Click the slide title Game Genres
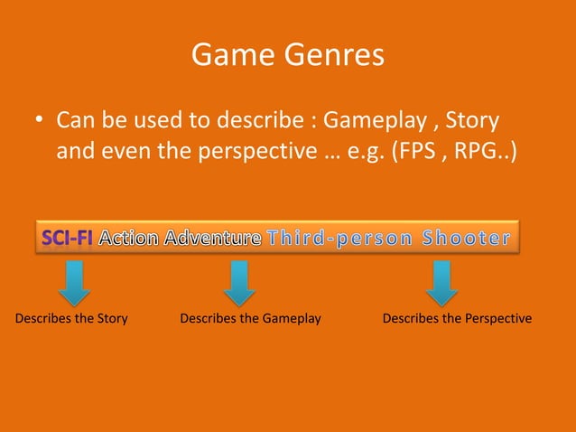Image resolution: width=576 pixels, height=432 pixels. tap(288, 56)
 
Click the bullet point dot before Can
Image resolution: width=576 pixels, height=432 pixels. tap(40, 122)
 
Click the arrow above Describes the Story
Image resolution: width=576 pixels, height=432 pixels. tap(75, 283)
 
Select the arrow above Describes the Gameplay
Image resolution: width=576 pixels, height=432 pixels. tap(239, 283)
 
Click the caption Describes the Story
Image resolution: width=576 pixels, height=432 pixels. tap(71, 318)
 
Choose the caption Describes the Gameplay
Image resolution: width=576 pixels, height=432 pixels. tap(251, 318)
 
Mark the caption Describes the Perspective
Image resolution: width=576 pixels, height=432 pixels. tap(457, 318)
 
